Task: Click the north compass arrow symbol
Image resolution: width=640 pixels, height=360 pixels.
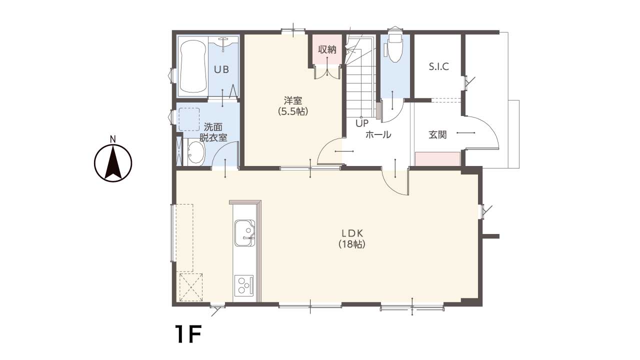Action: tap(113, 163)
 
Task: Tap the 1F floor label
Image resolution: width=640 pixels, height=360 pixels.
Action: tap(188, 334)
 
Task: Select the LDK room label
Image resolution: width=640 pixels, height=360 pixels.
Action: tap(352, 233)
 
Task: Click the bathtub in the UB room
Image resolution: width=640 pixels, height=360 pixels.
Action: tap(193, 66)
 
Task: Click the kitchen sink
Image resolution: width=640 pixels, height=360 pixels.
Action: tap(245, 233)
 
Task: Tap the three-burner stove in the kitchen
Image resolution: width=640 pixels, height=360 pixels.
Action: tap(243, 285)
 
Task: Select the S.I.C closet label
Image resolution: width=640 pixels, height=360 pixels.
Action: tap(439, 66)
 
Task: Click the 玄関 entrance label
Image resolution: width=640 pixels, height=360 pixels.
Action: tap(437, 134)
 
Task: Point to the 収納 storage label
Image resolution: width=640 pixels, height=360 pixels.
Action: tap(327, 49)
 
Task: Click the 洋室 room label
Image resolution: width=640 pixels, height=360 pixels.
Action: tap(293, 100)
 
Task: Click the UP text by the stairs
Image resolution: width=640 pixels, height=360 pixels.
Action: tap(362, 123)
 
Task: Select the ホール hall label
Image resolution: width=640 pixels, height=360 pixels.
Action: tap(378, 134)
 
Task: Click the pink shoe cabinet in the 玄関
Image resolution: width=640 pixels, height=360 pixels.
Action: tap(437, 159)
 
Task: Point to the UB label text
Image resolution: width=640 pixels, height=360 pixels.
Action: tap(221, 69)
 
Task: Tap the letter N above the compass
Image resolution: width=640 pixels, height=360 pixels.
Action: tap(113, 139)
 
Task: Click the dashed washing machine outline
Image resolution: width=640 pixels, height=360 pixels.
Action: tap(189, 119)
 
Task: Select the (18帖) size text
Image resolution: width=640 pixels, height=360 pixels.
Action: tap(352, 244)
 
